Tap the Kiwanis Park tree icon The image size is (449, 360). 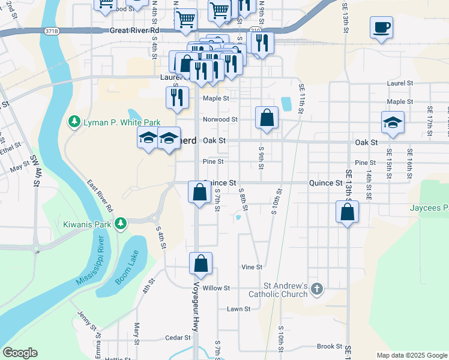[x=121, y=224]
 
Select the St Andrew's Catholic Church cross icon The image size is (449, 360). [x=317, y=290]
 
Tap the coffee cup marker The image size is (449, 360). [x=382, y=28]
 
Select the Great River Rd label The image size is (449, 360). [x=134, y=30]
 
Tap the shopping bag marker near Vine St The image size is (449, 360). [x=200, y=263]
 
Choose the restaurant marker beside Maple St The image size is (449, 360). [x=177, y=98]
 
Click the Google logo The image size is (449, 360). [x=20, y=353]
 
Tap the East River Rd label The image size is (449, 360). [x=100, y=197]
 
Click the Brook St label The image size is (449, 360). [x=329, y=346]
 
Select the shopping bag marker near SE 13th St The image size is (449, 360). [x=347, y=212]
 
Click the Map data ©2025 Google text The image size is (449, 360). [x=412, y=355]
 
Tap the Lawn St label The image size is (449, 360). [x=238, y=309]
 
